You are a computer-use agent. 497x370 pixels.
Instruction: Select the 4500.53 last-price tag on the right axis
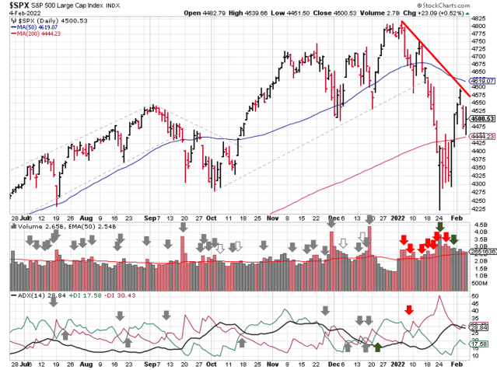tap(480, 118)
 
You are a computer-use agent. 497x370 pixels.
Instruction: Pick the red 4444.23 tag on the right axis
tap(480, 136)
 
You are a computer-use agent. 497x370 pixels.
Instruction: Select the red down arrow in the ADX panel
tap(409, 309)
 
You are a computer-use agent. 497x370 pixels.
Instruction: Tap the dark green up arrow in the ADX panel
tap(378, 347)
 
